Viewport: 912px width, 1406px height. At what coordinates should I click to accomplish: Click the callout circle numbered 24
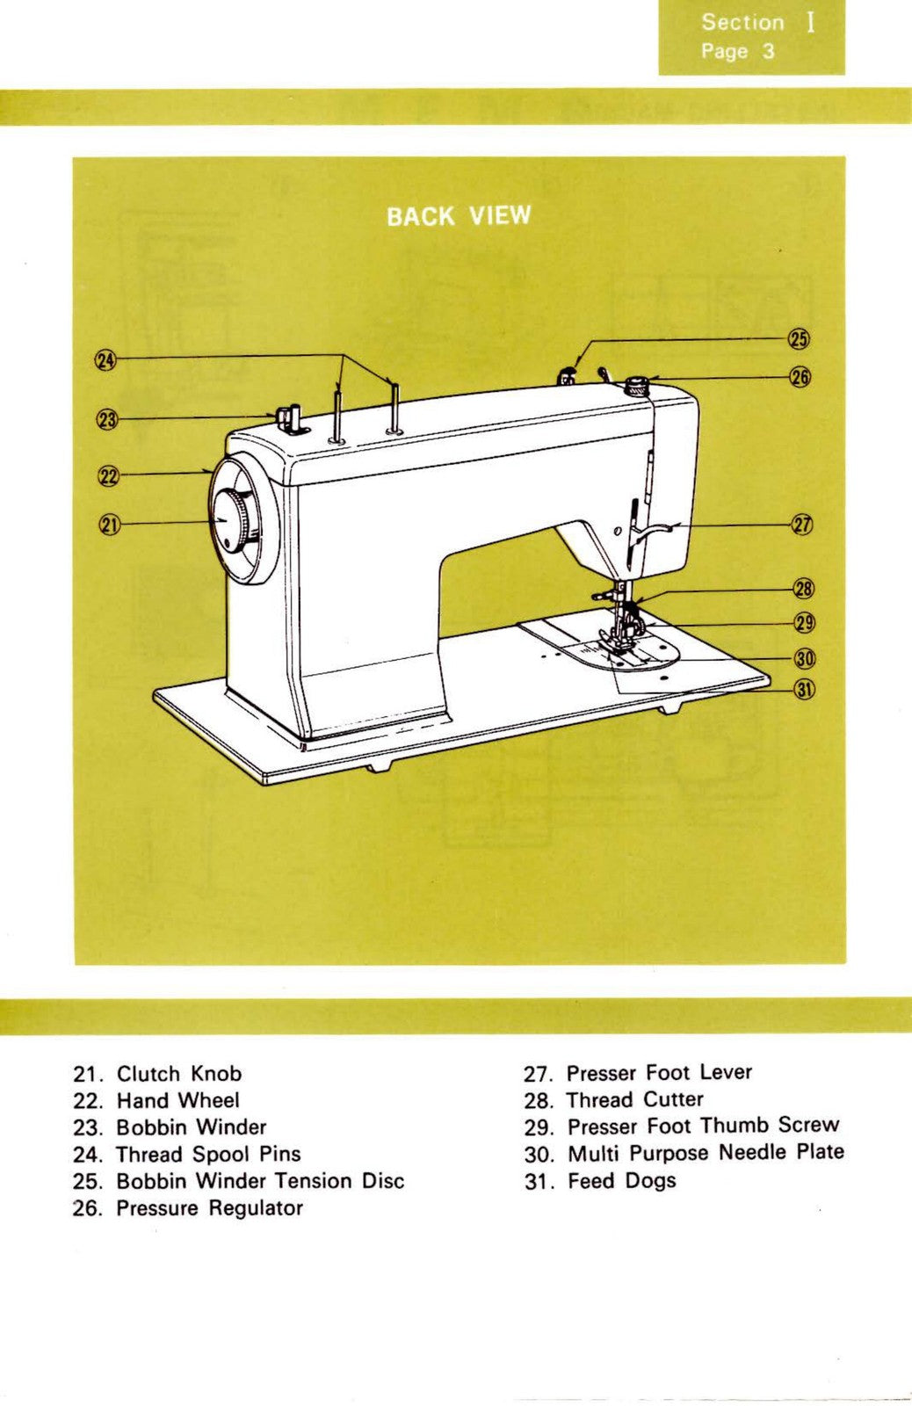105,360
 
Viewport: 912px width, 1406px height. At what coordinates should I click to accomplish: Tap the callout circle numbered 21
108,525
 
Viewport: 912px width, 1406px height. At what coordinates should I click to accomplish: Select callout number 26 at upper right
800,377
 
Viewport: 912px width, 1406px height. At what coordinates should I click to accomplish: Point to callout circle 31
805,690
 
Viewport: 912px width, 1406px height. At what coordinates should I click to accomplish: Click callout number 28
804,589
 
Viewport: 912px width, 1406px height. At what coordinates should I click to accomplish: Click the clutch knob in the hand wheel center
231,521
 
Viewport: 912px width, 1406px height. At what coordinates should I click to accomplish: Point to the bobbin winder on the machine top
288,417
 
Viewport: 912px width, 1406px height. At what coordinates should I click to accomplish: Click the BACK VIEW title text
459,216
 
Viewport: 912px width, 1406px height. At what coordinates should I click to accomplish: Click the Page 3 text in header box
738,51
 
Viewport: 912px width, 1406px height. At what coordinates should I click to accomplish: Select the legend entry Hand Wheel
177,1100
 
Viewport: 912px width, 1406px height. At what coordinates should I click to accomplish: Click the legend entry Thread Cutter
634,1099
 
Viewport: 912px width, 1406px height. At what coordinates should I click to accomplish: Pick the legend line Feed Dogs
621,1180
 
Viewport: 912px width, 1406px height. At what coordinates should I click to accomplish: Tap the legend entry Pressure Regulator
209,1208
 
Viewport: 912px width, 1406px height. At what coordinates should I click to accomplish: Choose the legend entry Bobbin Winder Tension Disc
260,1180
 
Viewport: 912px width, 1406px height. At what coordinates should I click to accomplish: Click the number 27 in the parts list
537,1074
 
